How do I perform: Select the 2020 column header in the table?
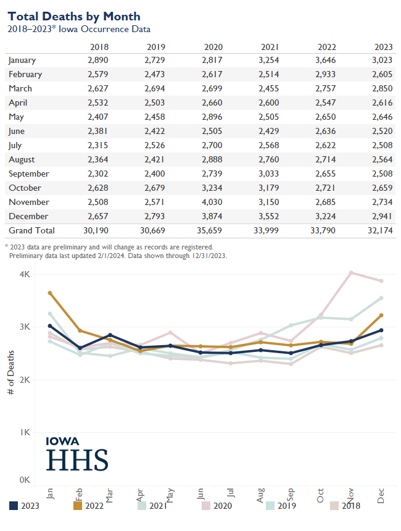coord(213,47)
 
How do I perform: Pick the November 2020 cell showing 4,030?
coord(213,202)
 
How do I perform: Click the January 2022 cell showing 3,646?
coord(326,60)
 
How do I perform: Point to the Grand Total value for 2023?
coord(381,230)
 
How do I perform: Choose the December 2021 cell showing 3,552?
coord(270,216)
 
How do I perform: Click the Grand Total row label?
coord(31,230)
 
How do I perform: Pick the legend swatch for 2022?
coord(78,506)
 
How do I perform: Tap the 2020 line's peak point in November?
coord(351,272)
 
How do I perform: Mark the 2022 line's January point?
coord(50,293)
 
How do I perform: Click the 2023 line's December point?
coord(381,330)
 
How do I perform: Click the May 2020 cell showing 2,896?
coord(213,117)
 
